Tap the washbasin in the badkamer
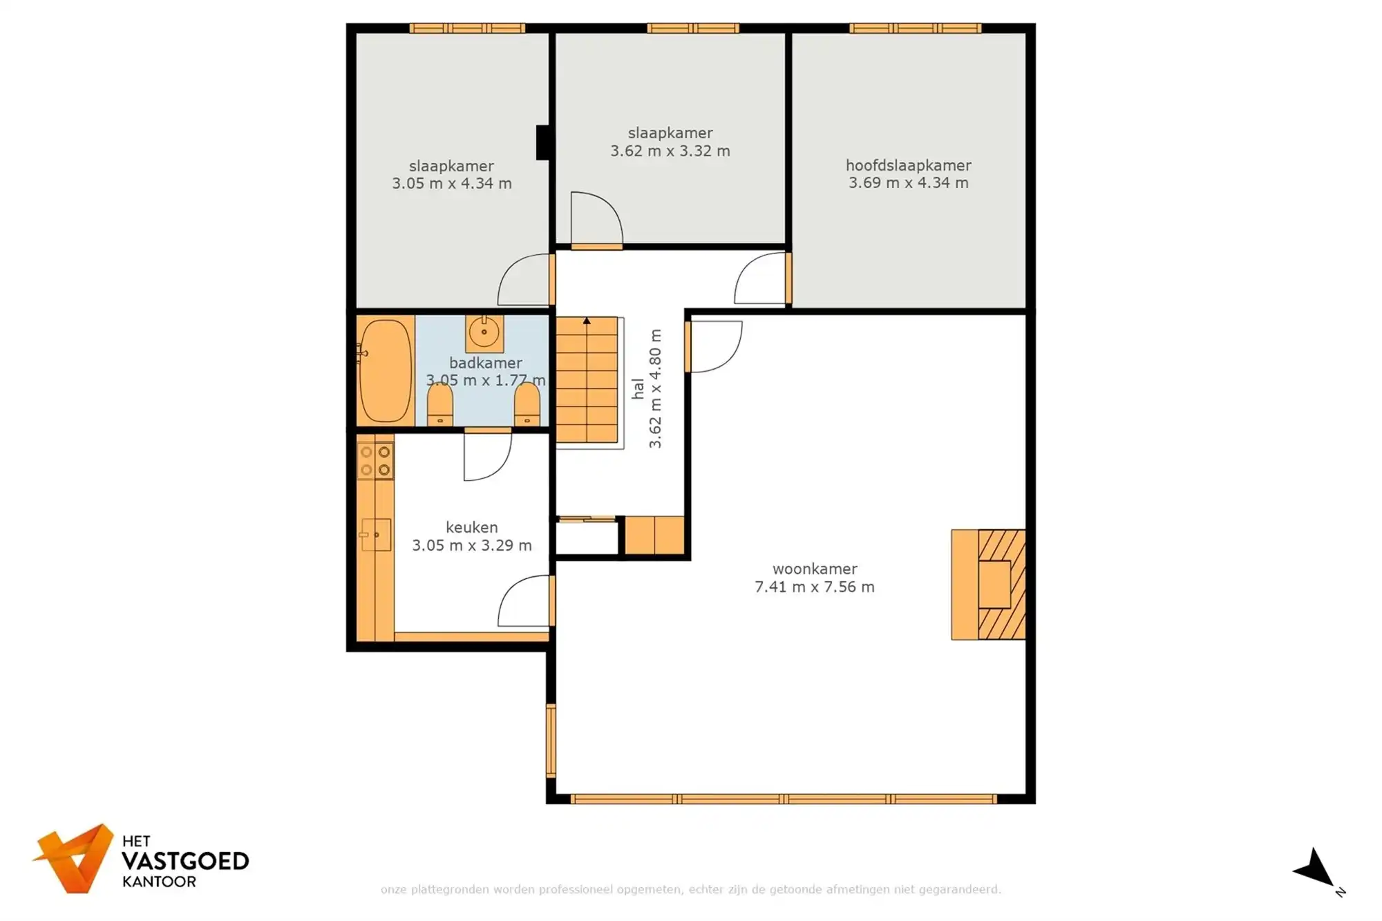484,332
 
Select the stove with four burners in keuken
375,461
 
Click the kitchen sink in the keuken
377,535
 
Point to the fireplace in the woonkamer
988,585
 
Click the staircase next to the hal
587,380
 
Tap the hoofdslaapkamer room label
908,165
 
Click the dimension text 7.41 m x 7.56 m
814,587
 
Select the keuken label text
471,527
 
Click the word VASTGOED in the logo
185,861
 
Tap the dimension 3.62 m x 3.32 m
670,151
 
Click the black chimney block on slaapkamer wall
543,142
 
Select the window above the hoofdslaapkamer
915,28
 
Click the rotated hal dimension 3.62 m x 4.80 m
655,388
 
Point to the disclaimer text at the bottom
690,889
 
